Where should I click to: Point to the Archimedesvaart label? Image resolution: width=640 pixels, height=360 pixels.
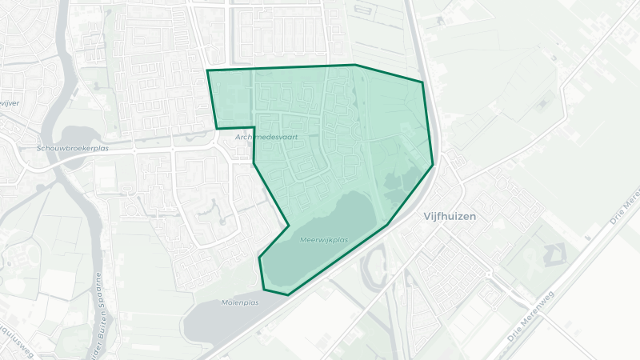pos(266,138)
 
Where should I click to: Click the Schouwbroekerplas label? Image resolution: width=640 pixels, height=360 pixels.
pos(72,149)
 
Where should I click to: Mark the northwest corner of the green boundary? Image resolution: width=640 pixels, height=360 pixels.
pos(208,71)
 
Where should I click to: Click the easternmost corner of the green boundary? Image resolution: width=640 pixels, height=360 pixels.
pos(433,165)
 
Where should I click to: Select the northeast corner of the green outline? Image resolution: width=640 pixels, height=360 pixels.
pos(422,82)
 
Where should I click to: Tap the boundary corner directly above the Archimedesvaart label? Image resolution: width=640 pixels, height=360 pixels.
pos(254,126)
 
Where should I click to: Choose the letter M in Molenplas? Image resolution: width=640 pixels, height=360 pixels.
pos(224,302)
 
